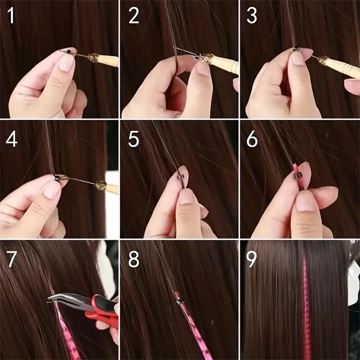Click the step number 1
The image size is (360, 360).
pyautogui.click(x=12, y=16)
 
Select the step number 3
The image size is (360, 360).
pyautogui.click(x=252, y=16)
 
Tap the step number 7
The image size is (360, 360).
pyautogui.click(x=12, y=260)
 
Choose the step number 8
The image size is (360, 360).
pyautogui.click(x=133, y=260)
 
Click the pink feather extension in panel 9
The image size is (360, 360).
pyautogui.click(x=306, y=307)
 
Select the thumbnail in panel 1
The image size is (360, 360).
pyautogui.click(x=66, y=63)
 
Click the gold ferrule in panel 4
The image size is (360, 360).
pyautogui.click(x=100, y=185)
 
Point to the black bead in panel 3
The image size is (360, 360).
pyautogui.click(x=296, y=48)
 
